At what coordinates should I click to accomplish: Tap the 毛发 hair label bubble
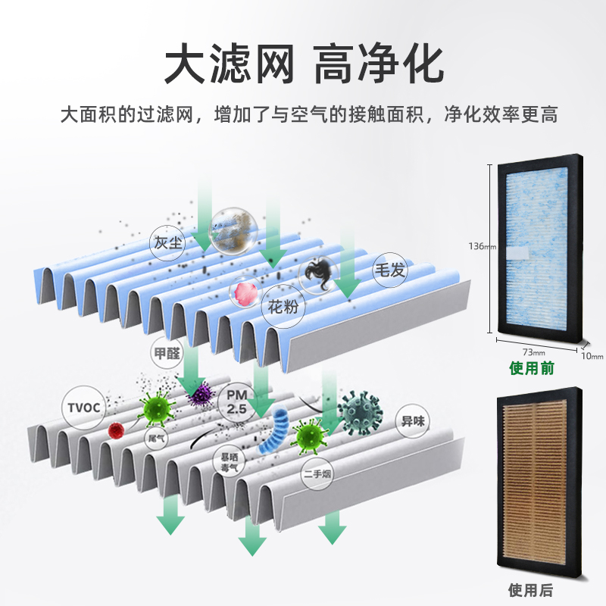[391, 271]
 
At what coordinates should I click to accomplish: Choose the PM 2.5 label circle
[238, 398]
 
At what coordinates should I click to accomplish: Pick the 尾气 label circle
[157, 438]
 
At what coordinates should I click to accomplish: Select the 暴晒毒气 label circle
[229, 463]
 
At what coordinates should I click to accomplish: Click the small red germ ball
[115, 431]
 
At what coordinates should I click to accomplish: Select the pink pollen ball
[245, 294]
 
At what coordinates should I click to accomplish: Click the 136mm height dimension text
[481, 247]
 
